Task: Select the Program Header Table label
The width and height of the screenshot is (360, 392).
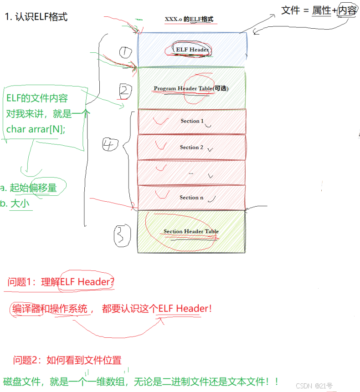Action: (x=190, y=88)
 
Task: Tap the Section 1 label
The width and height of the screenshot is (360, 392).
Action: (x=192, y=121)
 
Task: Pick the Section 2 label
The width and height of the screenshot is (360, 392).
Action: (x=191, y=147)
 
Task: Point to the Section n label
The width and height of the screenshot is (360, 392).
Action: (x=191, y=197)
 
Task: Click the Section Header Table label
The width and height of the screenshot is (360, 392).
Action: (x=191, y=231)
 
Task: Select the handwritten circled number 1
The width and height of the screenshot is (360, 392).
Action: (x=125, y=53)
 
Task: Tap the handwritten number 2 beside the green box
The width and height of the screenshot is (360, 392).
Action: (x=124, y=92)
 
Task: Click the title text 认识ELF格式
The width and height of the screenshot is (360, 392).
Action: (x=41, y=17)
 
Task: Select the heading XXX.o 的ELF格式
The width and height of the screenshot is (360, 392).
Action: (x=189, y=20)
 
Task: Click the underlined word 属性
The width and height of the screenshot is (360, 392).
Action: (x=321, y=10)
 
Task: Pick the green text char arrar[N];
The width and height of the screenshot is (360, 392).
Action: (x=36, y=129)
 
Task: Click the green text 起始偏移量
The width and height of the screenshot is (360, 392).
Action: (x=33, y=188)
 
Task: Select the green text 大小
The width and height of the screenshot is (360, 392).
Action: (x=20, y=204)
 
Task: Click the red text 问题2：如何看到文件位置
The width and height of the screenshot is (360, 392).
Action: (x=67, y=361)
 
